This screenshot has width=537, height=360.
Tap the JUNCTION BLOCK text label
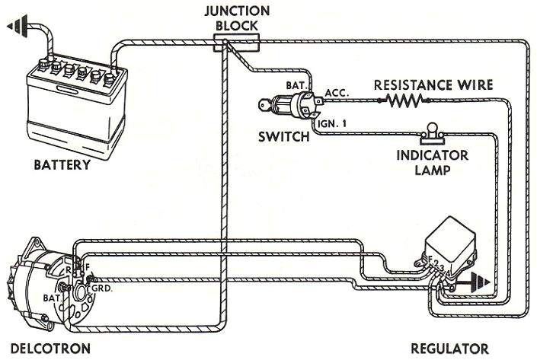[x=237, y=18]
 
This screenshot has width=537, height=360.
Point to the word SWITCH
[x=284, y=137]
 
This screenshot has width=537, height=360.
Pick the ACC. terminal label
[x=336, y=93]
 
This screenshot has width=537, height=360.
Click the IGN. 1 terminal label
[x=333, y=120]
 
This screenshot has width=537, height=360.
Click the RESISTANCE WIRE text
[x=433, y=84]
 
